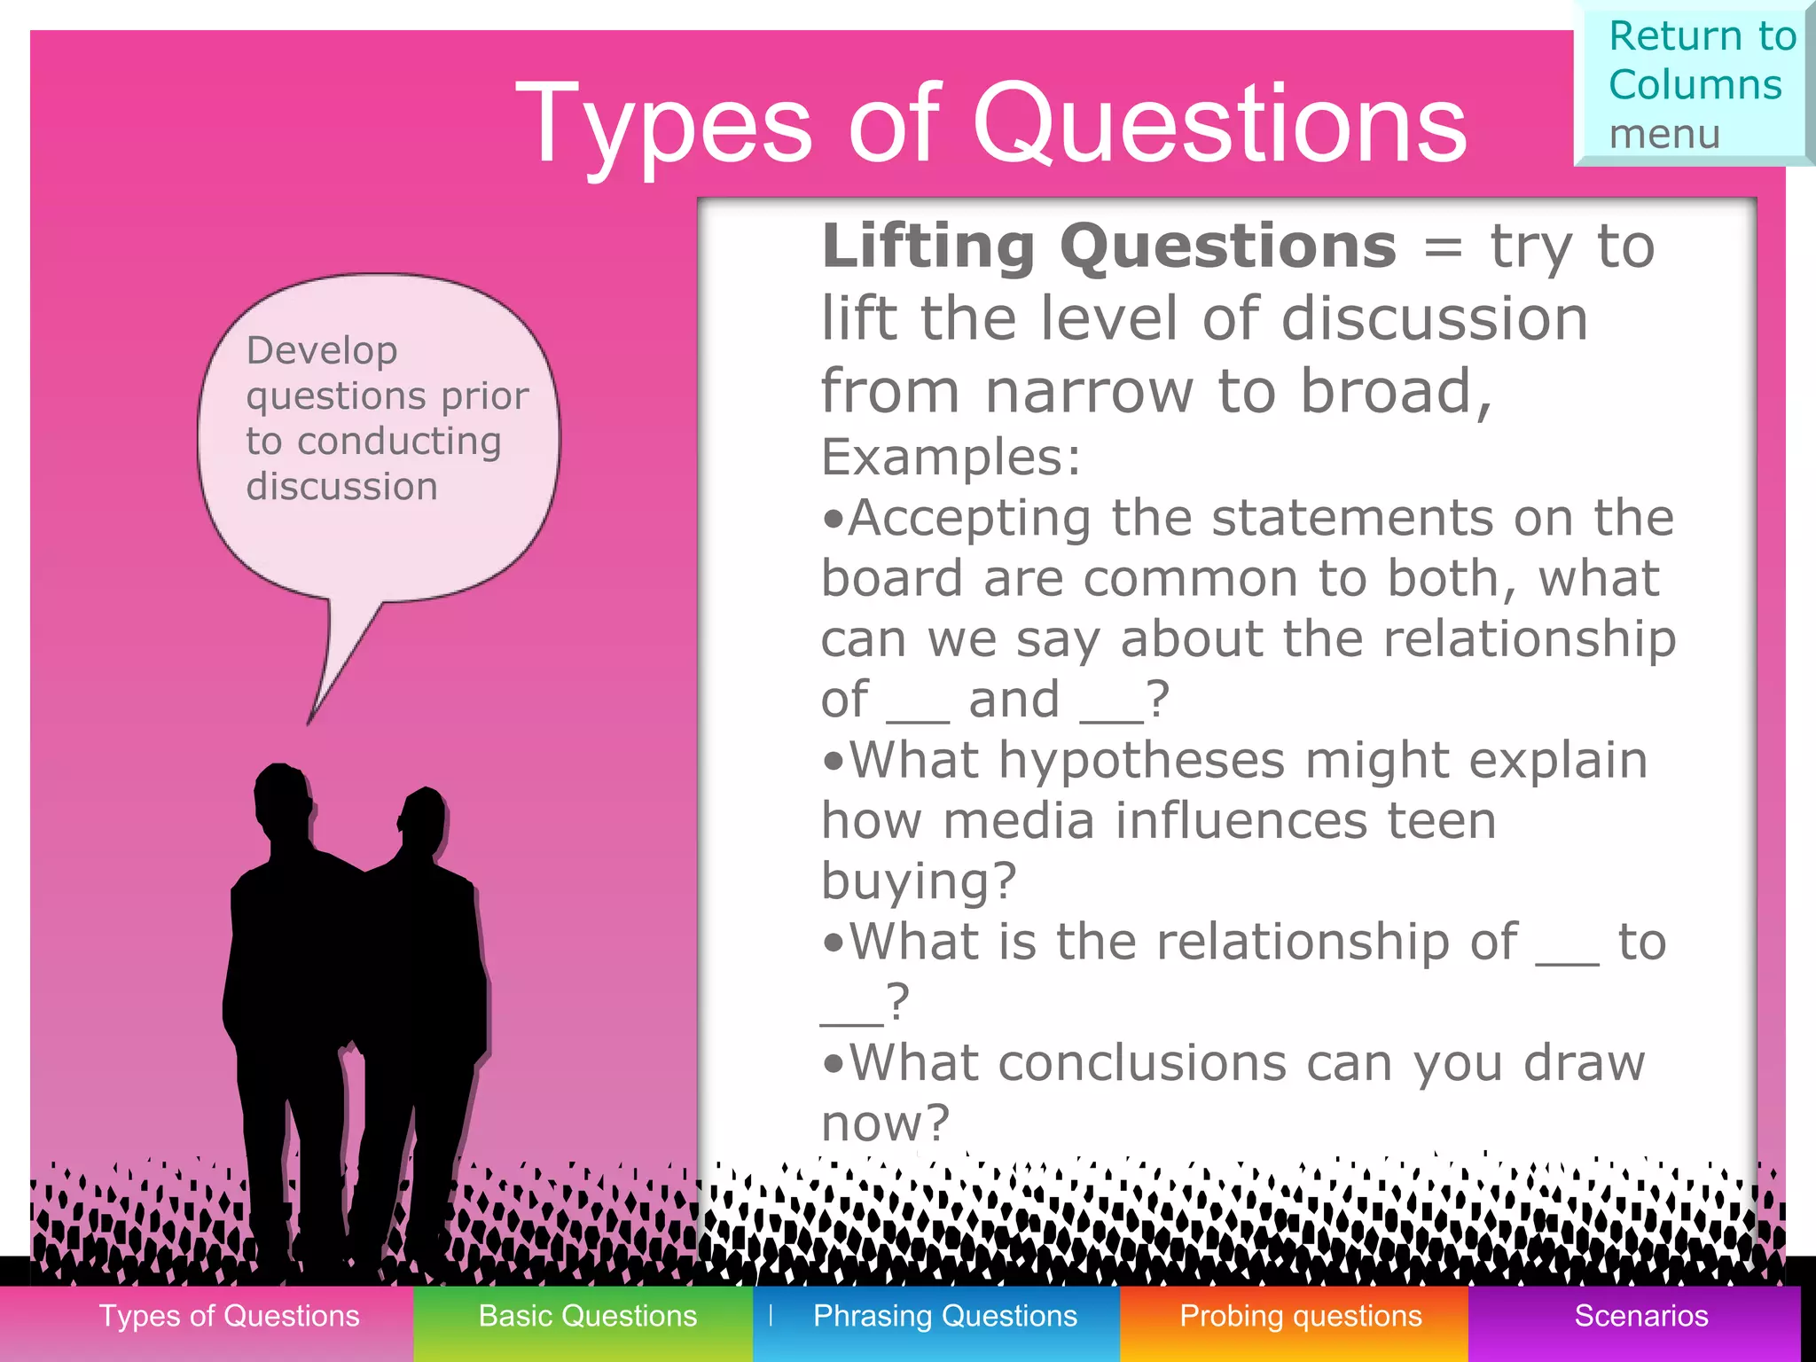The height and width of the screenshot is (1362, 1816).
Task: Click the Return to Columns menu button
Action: point(1694,84)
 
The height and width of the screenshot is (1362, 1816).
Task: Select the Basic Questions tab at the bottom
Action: point(587,1316)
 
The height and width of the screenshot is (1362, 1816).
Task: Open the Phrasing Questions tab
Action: point(944,1316)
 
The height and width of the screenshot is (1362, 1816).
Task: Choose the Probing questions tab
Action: point(1300,1316)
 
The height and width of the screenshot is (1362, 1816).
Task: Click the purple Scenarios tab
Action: point(1640,1316)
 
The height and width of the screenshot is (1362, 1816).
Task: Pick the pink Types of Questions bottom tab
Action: point(229,1316)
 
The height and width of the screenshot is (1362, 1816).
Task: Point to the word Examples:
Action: point(951,458)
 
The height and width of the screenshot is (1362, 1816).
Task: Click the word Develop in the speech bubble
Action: point(321,351)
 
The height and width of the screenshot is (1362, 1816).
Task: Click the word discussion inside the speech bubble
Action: point(341,487)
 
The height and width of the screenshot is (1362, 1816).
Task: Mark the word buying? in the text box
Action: point(918,881)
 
